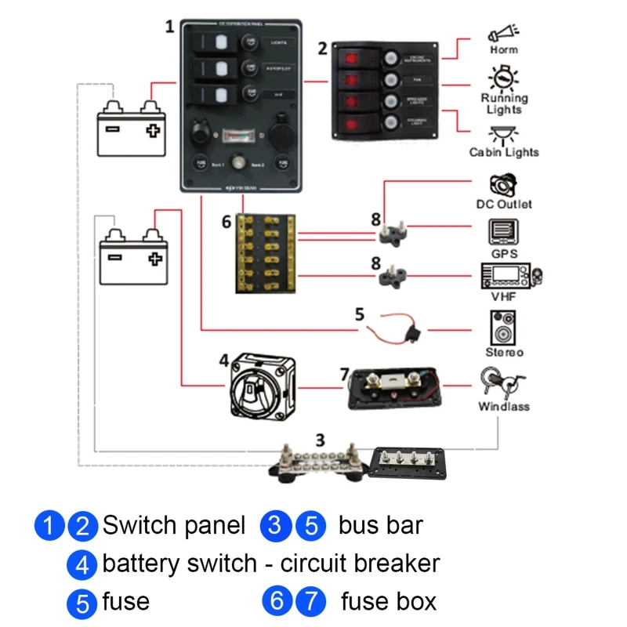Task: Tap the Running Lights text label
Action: coord(504,104)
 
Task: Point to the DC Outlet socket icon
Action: coord(502,185)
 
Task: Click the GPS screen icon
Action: coord(503,233)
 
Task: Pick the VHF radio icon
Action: coord(510,277)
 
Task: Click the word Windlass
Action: coord(504,407)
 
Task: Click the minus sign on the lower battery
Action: coord(116,256)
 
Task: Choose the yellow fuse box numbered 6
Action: coord(266,253)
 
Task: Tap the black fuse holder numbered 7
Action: coord(397,389)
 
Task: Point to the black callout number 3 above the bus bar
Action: coord(319,439)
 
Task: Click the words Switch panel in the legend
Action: coord(173,525)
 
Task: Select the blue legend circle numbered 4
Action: coord(82,564)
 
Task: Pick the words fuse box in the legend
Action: coord(389,602)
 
